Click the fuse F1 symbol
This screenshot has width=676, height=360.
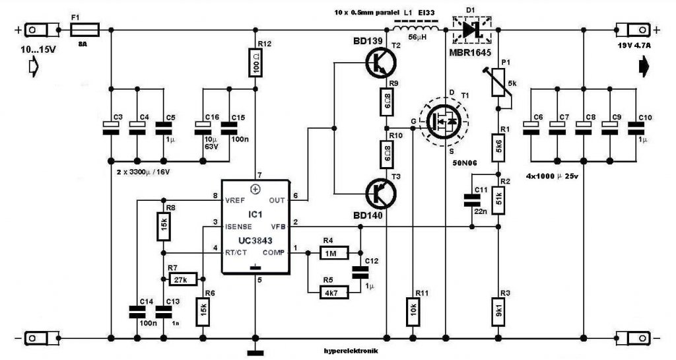click(84, 30)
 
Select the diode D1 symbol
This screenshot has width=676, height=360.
click(471, 30)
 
